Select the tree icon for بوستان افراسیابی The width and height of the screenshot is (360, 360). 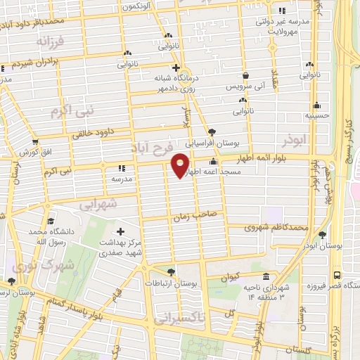click(212, 131)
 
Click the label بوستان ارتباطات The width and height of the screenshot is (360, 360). click(172, 283)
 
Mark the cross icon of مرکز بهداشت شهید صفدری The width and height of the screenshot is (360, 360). click(120, 231)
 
